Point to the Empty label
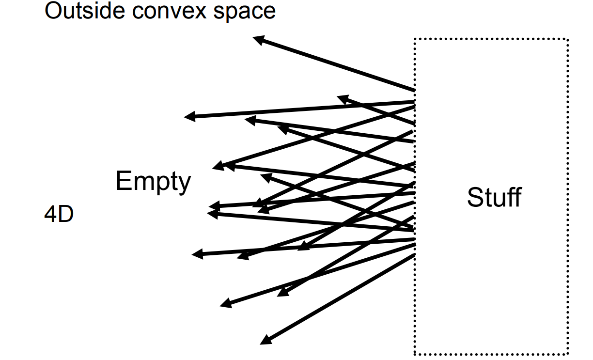coord(153,182)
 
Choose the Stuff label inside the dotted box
coord(494,198)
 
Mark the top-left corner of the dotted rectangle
coord(415,39)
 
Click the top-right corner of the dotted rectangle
coord(567,39)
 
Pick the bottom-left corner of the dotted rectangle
coord(415,354)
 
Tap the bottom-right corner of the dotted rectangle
coord(567,354)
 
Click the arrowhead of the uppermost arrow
coord(256,39)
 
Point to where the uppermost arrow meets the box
coord(414,90)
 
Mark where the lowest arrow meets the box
coord(414,254)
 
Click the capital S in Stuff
coord(475,198)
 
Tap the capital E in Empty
coord(123,181)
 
